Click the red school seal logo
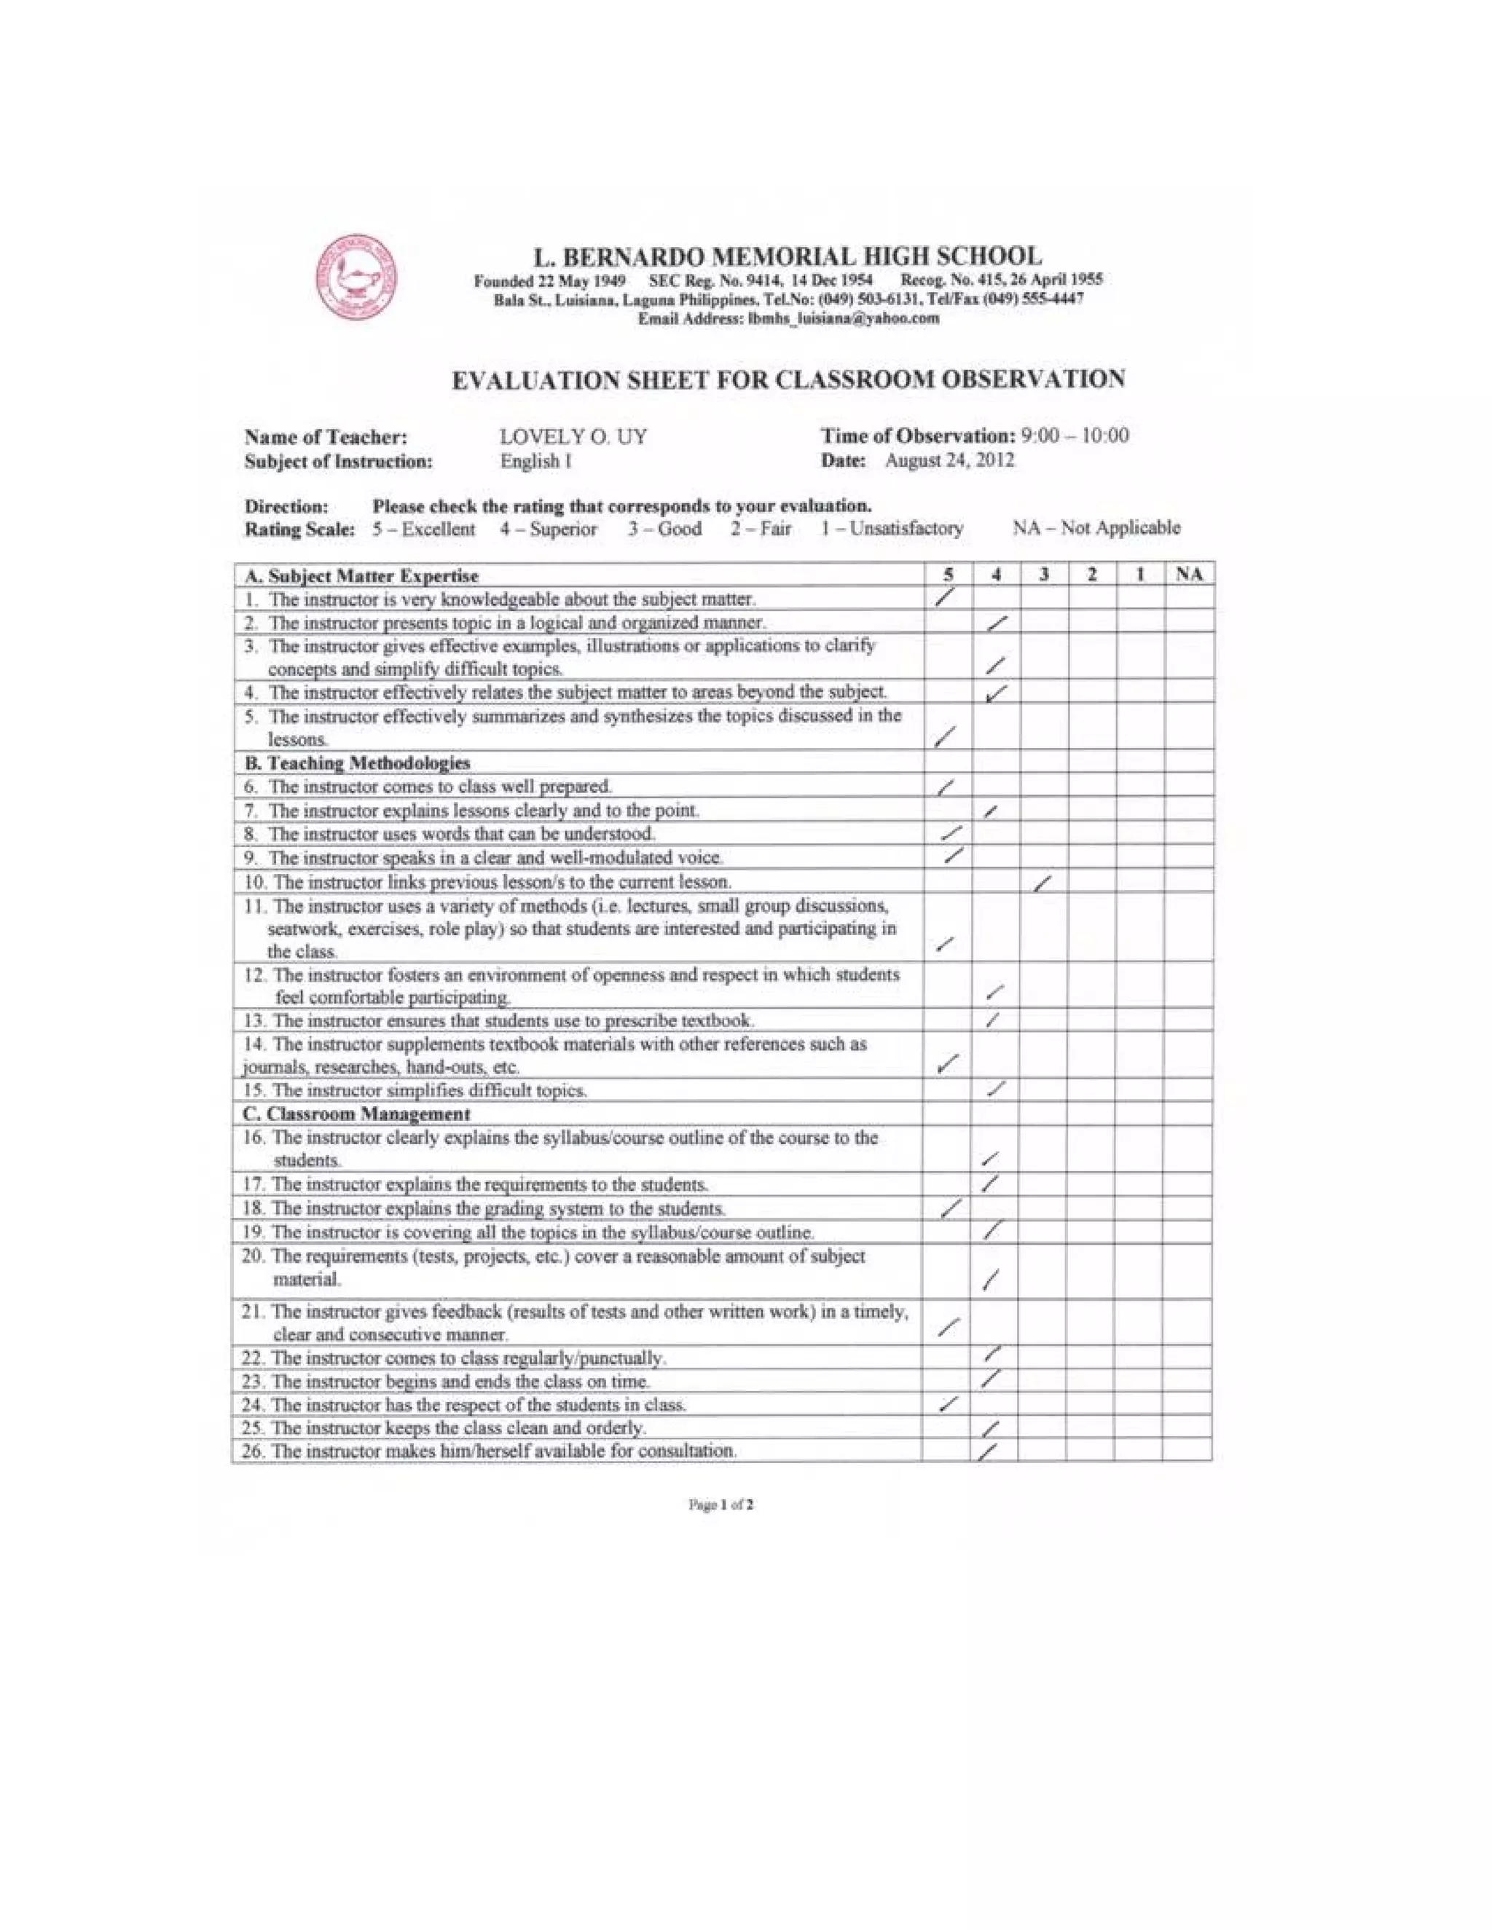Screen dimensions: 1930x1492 coord(357,277)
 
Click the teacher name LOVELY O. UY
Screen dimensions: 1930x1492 coord(573,436)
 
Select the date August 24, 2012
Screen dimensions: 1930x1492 coord(949,460)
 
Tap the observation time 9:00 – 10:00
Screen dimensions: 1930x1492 coord(1074,436)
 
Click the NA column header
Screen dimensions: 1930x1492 coord(1189,575)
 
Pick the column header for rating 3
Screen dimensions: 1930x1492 coord(1044,575)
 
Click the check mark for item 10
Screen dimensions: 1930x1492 coord(1043,883)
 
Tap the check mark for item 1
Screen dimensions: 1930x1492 coord(945,598)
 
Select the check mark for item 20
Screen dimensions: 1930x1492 coord(992,1278)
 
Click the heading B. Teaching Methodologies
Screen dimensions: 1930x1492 coord(356,763)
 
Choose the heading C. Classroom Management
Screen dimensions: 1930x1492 coord(356,1114)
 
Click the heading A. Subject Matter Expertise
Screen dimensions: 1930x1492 coord(361,576)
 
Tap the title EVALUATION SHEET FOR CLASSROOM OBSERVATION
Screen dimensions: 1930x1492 coord(788,380)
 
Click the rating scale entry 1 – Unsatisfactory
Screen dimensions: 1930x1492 coord(892,529)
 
